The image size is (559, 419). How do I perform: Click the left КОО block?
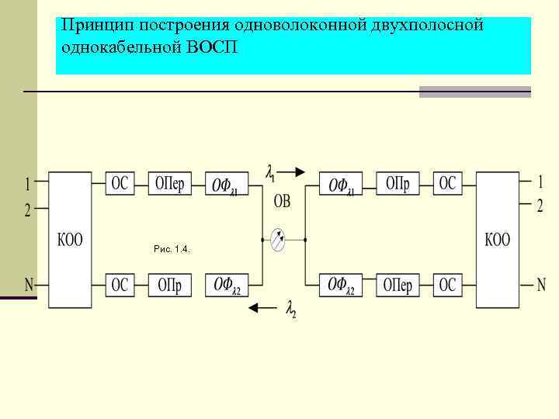71,240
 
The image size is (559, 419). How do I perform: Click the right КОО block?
498,240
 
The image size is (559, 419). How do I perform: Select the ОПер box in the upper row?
169,184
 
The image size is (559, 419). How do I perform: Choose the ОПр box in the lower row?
169,285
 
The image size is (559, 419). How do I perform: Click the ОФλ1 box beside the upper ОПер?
227,185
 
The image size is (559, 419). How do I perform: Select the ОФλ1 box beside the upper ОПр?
342,185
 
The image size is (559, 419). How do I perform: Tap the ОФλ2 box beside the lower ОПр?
227,285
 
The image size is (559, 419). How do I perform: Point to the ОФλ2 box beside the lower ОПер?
342,285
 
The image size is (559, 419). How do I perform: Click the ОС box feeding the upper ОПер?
120,184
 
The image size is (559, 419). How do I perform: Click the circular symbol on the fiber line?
278,241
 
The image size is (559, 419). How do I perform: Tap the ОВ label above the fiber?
282,202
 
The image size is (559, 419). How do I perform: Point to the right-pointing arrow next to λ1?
295,171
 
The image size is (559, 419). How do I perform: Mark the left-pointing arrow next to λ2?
262,309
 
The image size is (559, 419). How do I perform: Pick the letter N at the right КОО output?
541,283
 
